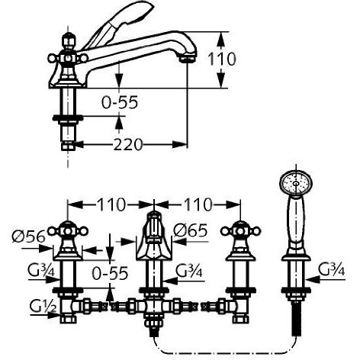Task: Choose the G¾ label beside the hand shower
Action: [x=333, y=269]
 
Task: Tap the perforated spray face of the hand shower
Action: [x=291, y=182]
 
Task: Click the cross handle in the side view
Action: [x=67, y=55]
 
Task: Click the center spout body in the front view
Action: [x=154, y=240]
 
